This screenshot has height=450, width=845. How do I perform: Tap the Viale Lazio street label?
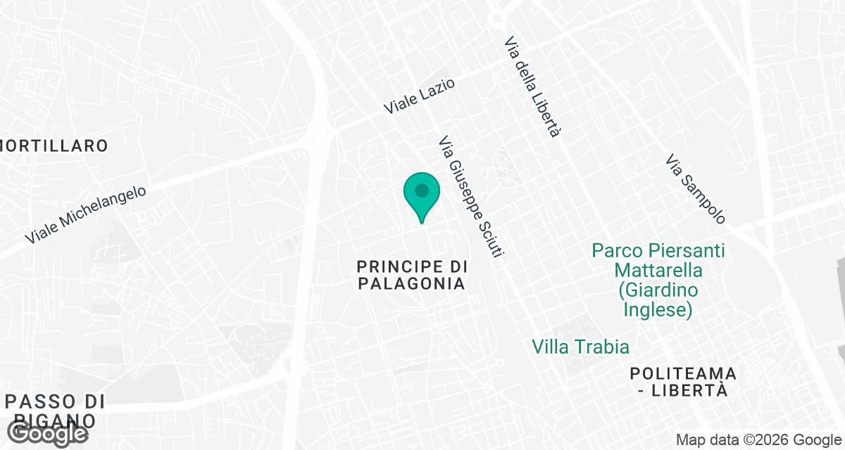point(420,96)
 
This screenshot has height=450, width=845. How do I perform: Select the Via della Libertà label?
point(532,87)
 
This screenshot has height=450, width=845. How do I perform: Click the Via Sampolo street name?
point(695,190)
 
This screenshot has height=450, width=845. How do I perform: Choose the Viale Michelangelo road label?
point(85,215)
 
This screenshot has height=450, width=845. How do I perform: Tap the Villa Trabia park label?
point(581,347)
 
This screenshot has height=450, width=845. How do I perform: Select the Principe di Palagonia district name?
point(412,275)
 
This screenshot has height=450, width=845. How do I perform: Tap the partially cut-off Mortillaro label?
point(54,146)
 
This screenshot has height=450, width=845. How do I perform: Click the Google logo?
point(48,434)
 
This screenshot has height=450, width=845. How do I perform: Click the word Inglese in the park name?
point(658,309)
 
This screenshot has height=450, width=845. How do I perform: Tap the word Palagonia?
point(421,284)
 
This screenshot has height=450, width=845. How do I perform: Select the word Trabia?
point(602,347)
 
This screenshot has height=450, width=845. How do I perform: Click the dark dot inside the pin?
point(422,191)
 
